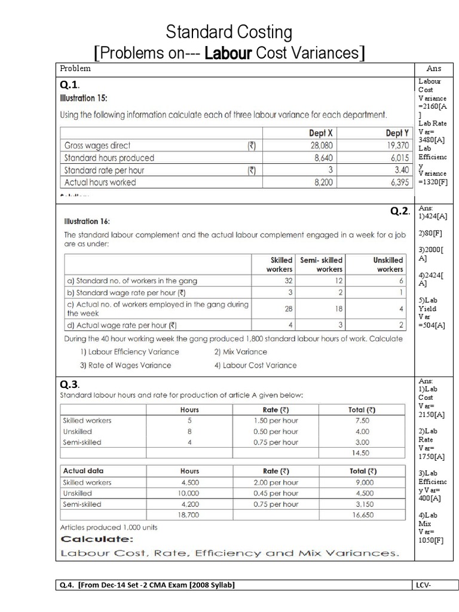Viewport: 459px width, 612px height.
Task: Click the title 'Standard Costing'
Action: tap(229, 31)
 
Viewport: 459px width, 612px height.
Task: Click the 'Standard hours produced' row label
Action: tap(109, 158)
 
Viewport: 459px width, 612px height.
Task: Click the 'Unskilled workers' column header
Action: tap(388, 265)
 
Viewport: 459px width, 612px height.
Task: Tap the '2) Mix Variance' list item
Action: tap(240, 351)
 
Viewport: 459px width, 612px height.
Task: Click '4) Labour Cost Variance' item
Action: tap(255, 365)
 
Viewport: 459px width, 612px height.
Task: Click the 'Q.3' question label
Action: tap(69, 384)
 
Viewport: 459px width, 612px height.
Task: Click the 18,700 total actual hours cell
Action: tap(189, 515)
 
